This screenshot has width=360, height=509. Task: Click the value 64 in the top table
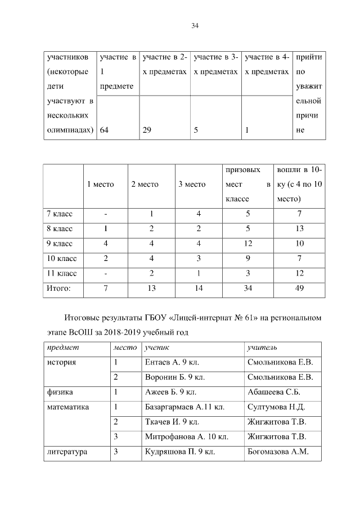point(105,130)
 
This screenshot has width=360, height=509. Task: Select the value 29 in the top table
point(147,130)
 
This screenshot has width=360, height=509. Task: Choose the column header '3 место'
point(192,184)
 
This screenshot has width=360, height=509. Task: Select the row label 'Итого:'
point(58,288)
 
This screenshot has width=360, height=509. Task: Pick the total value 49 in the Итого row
point(299,288)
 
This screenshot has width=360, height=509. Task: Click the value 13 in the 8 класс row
point(299,229)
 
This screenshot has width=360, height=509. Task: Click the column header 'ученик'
point(156,348)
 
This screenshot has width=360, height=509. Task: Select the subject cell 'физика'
point(62,391)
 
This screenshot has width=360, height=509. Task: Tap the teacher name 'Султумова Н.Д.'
point(276,406)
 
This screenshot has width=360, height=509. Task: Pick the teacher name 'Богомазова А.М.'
point(278,451)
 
